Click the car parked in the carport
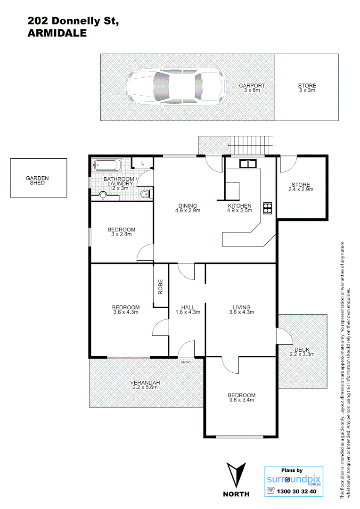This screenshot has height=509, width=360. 175,88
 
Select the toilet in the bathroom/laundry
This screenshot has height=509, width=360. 146,194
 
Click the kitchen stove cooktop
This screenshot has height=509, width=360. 268,207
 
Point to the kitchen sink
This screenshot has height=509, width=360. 247,164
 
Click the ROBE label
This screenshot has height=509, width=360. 161,287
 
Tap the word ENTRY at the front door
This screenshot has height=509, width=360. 186,362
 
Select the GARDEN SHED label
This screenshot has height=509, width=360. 37,180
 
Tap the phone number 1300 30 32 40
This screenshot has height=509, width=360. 296,491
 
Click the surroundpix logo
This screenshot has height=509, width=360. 294,479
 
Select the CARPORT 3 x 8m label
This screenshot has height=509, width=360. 252,88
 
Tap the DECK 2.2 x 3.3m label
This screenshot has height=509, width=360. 302,352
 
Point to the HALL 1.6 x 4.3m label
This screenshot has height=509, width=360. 188,310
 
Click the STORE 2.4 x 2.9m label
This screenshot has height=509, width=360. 301,187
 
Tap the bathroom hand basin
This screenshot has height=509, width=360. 103,196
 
